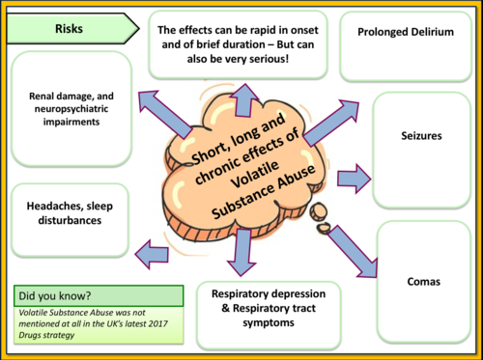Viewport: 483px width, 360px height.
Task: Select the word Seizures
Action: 420,137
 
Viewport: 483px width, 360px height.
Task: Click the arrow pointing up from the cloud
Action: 242,99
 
